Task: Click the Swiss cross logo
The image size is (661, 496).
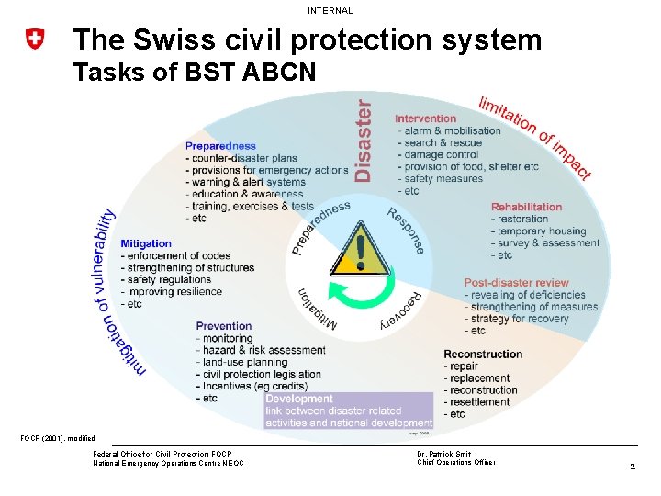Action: coord(35,39)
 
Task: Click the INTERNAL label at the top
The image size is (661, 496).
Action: coord(330,10)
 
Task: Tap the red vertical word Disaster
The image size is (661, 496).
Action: coord(364,141)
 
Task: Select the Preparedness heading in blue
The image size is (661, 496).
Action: coord(220,146)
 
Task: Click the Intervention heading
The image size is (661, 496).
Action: coord(425,118)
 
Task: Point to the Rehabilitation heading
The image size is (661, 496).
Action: coord(526,208)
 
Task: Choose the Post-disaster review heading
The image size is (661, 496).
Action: coord(516,283)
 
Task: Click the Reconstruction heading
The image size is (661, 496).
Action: coord(483,354)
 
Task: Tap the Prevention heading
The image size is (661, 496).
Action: coord(224,326)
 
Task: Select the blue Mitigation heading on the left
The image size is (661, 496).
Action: coord(147,243)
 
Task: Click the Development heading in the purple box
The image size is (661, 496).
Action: coord(298,399)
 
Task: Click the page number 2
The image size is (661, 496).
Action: coord(633,468)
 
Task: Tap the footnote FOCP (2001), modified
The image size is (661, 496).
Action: coord(58,438)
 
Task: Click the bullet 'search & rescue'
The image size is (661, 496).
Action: coord(443,142)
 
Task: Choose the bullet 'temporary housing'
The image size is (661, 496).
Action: coord(542,231)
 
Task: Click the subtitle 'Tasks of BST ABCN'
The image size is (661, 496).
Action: coord(194,72)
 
